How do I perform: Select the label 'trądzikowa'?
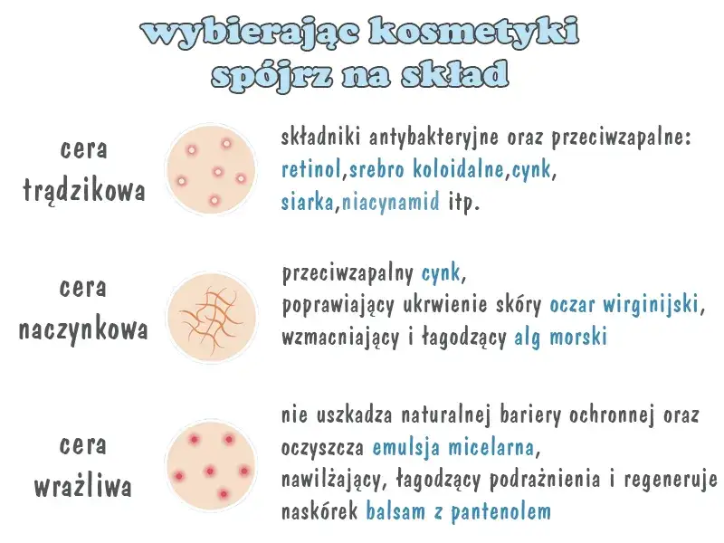pos(83,192)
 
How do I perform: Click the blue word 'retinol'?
pos(312,169)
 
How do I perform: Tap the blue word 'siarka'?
pos(308,201)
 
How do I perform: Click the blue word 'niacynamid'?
pos(391,201)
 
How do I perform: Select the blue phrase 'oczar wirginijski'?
pos(624,304)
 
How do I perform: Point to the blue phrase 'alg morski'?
pos(560,337)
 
